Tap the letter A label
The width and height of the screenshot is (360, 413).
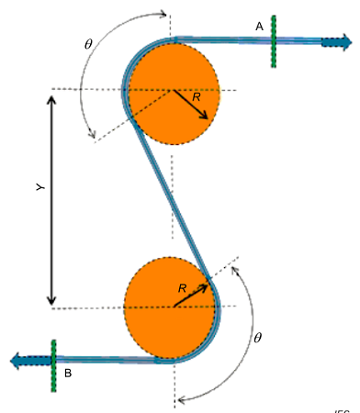point(260,28)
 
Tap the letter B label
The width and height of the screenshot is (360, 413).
point(69,374)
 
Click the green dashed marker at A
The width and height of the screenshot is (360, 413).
point(274,40)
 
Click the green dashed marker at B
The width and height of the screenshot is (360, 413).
point(54,364)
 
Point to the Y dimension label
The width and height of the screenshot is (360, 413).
point(39,186)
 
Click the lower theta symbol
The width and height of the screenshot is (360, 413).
point(258,337)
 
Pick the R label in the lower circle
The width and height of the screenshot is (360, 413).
point(182,288)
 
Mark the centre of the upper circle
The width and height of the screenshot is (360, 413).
point(171,89)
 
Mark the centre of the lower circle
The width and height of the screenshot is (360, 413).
point(172,307)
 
